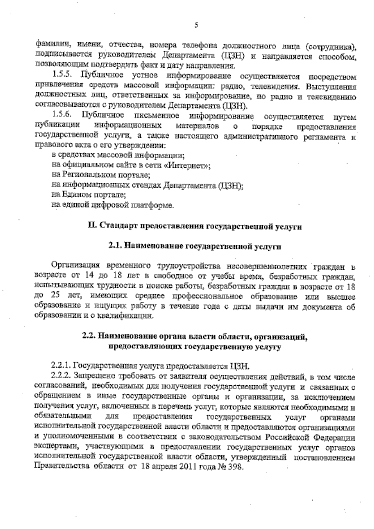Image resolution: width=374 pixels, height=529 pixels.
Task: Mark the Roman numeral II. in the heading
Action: point(92,226)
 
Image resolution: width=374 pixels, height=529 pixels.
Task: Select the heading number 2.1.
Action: point(116,247)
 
